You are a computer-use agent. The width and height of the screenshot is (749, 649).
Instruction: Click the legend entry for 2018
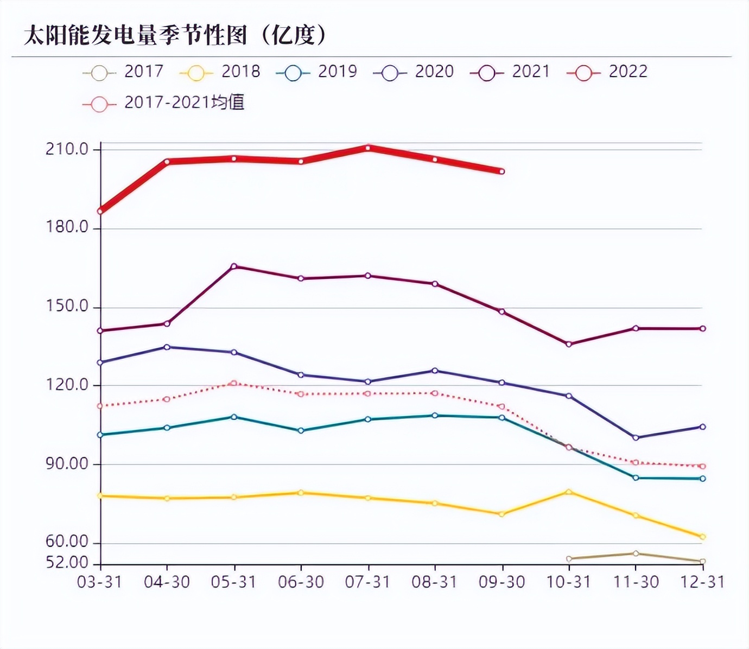point(220,72)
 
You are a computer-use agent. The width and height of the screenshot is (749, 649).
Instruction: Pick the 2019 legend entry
point(316,72)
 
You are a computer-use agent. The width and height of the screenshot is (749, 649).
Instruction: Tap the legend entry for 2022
point(607,72)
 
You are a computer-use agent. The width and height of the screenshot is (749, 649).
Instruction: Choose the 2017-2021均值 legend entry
point(163,103)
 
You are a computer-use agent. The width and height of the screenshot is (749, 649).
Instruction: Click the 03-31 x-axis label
point(99,582)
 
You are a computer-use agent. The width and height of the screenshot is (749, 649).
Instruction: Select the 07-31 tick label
point(367,582)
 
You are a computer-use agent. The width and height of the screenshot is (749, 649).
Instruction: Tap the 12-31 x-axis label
point(703,582)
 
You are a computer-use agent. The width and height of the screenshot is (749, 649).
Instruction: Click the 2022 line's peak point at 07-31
point(368,148)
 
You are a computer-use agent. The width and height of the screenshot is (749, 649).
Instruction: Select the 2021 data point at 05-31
point(234,266)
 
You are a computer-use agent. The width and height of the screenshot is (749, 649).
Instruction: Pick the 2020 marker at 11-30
point(636,437)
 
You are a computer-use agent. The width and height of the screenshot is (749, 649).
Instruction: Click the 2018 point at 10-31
point(569,492)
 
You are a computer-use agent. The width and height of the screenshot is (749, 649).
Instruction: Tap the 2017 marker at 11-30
point(636,553)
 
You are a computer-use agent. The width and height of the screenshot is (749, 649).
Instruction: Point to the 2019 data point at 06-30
point(301,431)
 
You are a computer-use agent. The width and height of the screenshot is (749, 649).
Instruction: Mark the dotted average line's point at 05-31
point(234,383)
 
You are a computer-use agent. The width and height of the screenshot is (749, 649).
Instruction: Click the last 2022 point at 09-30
point(502,171)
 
